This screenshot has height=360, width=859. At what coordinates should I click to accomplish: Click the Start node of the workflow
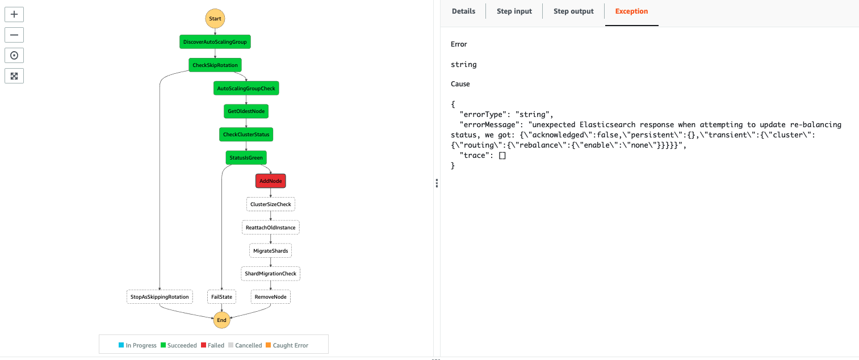(x=215, y=19)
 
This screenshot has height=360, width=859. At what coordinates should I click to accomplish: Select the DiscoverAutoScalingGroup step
(x=215, y=42)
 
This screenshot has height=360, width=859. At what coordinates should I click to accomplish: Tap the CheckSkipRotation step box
(x=215, y=65)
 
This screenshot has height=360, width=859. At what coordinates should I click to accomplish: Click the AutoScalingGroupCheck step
(x=246, y=89)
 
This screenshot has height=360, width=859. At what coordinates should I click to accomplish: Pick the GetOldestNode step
(x=246, y=111)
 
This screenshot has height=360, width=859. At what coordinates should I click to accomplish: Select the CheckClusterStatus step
(x=246, y=135)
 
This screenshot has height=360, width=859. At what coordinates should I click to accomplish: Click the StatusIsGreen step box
(x=246, y=158)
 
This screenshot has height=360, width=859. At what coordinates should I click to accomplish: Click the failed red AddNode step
(x=270, y=181)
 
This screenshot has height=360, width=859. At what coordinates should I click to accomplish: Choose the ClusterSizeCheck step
(x=270, y=204)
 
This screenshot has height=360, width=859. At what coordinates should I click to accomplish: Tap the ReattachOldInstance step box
(x=270, y=228)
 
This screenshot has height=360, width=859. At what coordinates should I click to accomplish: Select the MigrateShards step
(x=270, y=250)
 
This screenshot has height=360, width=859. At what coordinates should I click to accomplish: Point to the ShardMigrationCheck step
(x=270, y=274)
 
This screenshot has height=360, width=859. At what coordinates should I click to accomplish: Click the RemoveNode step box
(x=270, y=297)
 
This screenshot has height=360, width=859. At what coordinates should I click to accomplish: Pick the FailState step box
(x=221, y=297)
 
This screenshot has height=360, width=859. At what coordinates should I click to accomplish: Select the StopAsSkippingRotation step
(x=160, y=297)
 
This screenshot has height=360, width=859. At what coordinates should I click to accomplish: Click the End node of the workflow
(x=221, y=320)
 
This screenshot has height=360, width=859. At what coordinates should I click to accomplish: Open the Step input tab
(x=514, y=11)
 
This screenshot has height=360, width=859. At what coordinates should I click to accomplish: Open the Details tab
(x=463, y=11)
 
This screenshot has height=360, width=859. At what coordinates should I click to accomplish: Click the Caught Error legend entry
(x=288, y=345)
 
